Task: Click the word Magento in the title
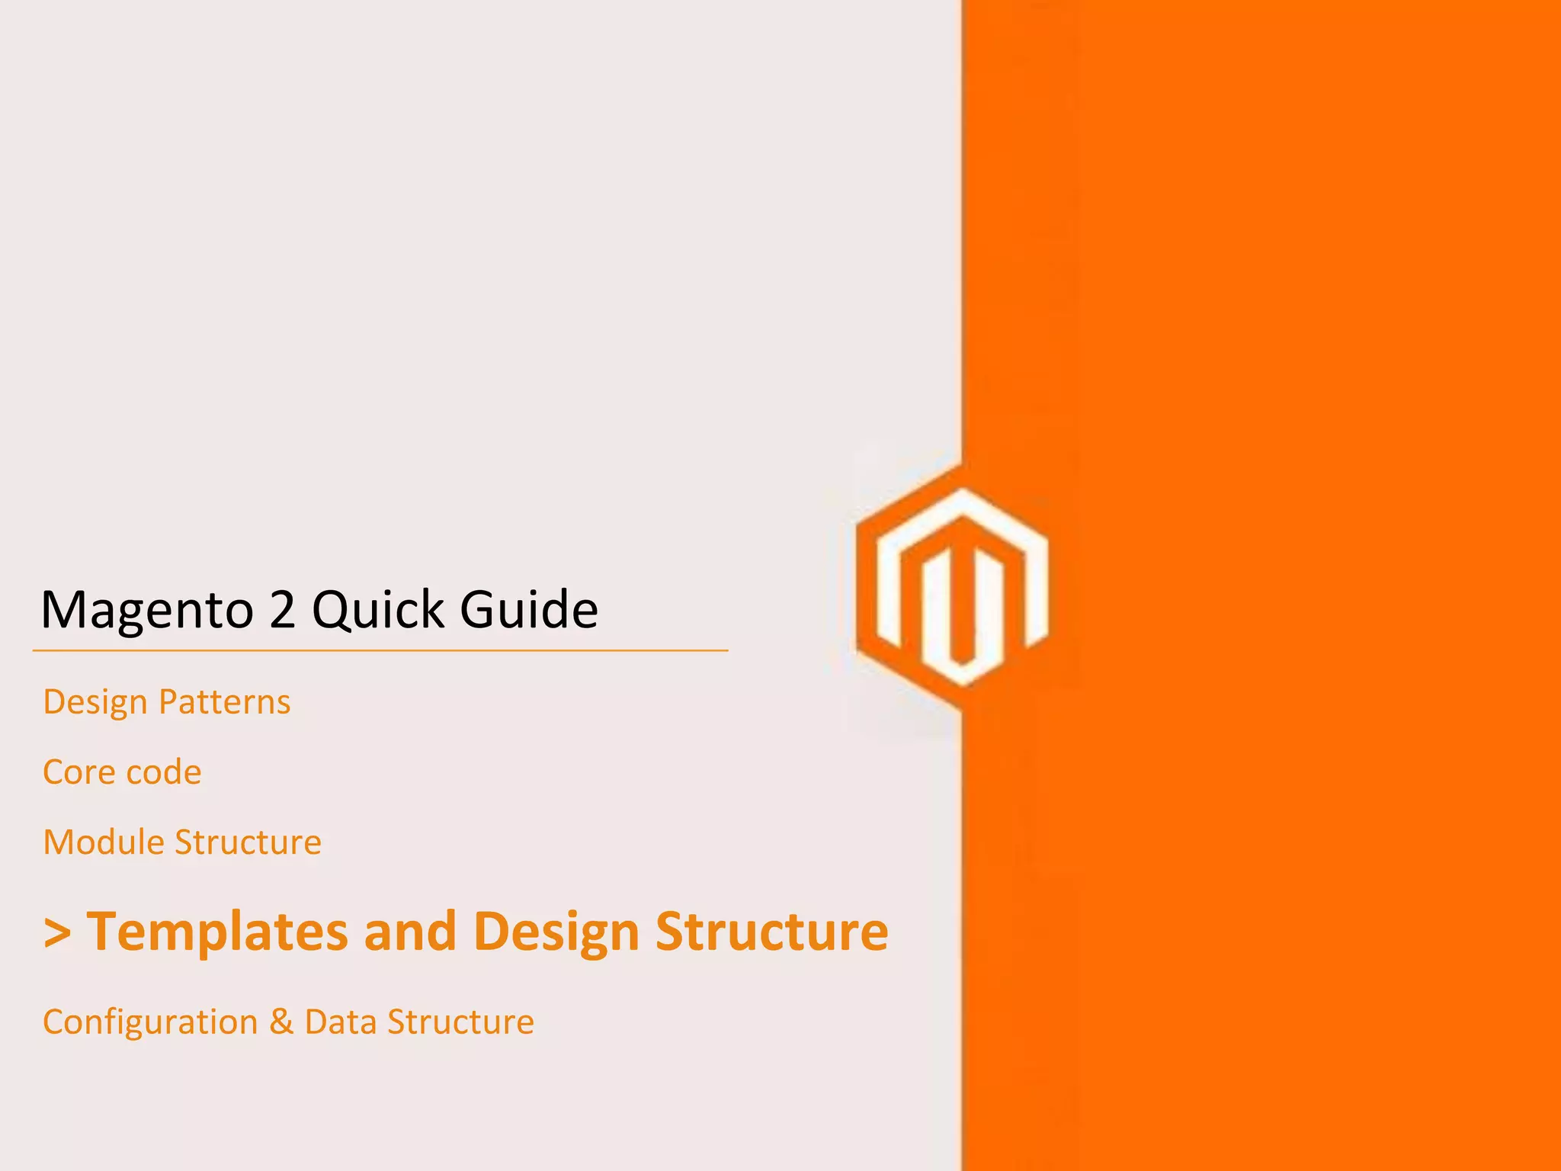[x=146, y=610]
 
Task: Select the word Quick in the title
[x=378, y=610]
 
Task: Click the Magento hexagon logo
[x=953, y=587]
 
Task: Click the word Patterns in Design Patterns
[x=224, y=702]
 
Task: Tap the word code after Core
[x=163, y=772]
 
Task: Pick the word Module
[x=104, y=842]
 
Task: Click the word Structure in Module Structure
[x=248, y=842]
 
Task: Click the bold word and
[x=410, y=932]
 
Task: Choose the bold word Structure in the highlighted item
[x=771, y=932]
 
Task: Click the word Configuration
[x=150, y=1022]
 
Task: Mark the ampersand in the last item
[x=281, y=1022]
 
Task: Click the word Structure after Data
[x=460, y=1022]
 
